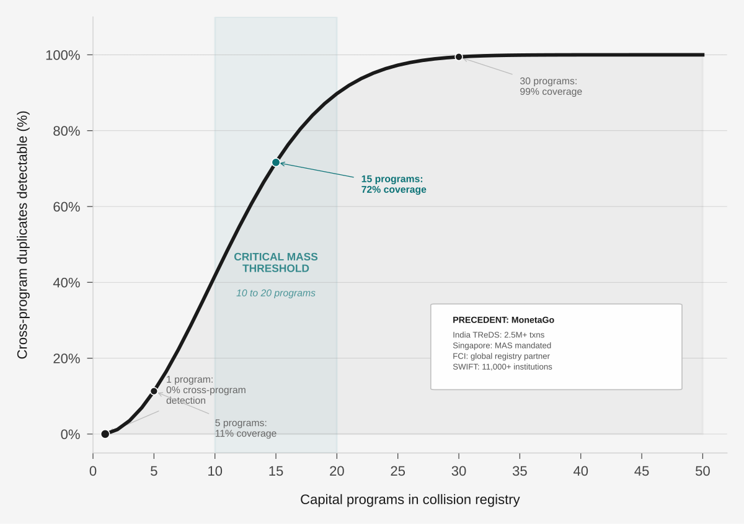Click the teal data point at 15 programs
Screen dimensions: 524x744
click(x=276, y=162)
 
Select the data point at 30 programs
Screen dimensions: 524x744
click(x=459, y=57)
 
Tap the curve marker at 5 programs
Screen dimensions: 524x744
click(x=154, y=391)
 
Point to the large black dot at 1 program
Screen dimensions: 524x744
click(x=105, y=434)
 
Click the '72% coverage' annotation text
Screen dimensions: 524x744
click(x=394, y=190)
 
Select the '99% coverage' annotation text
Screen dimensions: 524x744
click(x=551, y=92)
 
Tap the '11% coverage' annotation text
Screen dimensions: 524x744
click(x=246, y=433)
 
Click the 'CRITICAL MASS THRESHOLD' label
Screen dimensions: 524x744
click(x=276, y=263)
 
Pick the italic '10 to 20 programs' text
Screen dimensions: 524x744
click(x=276, y=293)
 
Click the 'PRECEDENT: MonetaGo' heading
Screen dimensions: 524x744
click(x=503, y=320)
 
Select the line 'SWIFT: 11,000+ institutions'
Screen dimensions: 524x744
click(x=502, y=367)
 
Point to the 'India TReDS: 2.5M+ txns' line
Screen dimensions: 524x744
click(x=498, y=335)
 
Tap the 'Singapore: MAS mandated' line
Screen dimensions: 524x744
click(x=502, y=345)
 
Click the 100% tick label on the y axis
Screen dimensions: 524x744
click(x=63, y=55)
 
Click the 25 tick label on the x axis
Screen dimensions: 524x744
click(x=398, y=471)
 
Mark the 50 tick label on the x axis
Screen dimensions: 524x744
click(x=702, y=471)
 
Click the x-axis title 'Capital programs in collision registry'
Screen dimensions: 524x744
click(x=410, y=499)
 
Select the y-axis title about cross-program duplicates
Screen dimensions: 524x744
click(x=22, y=235)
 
